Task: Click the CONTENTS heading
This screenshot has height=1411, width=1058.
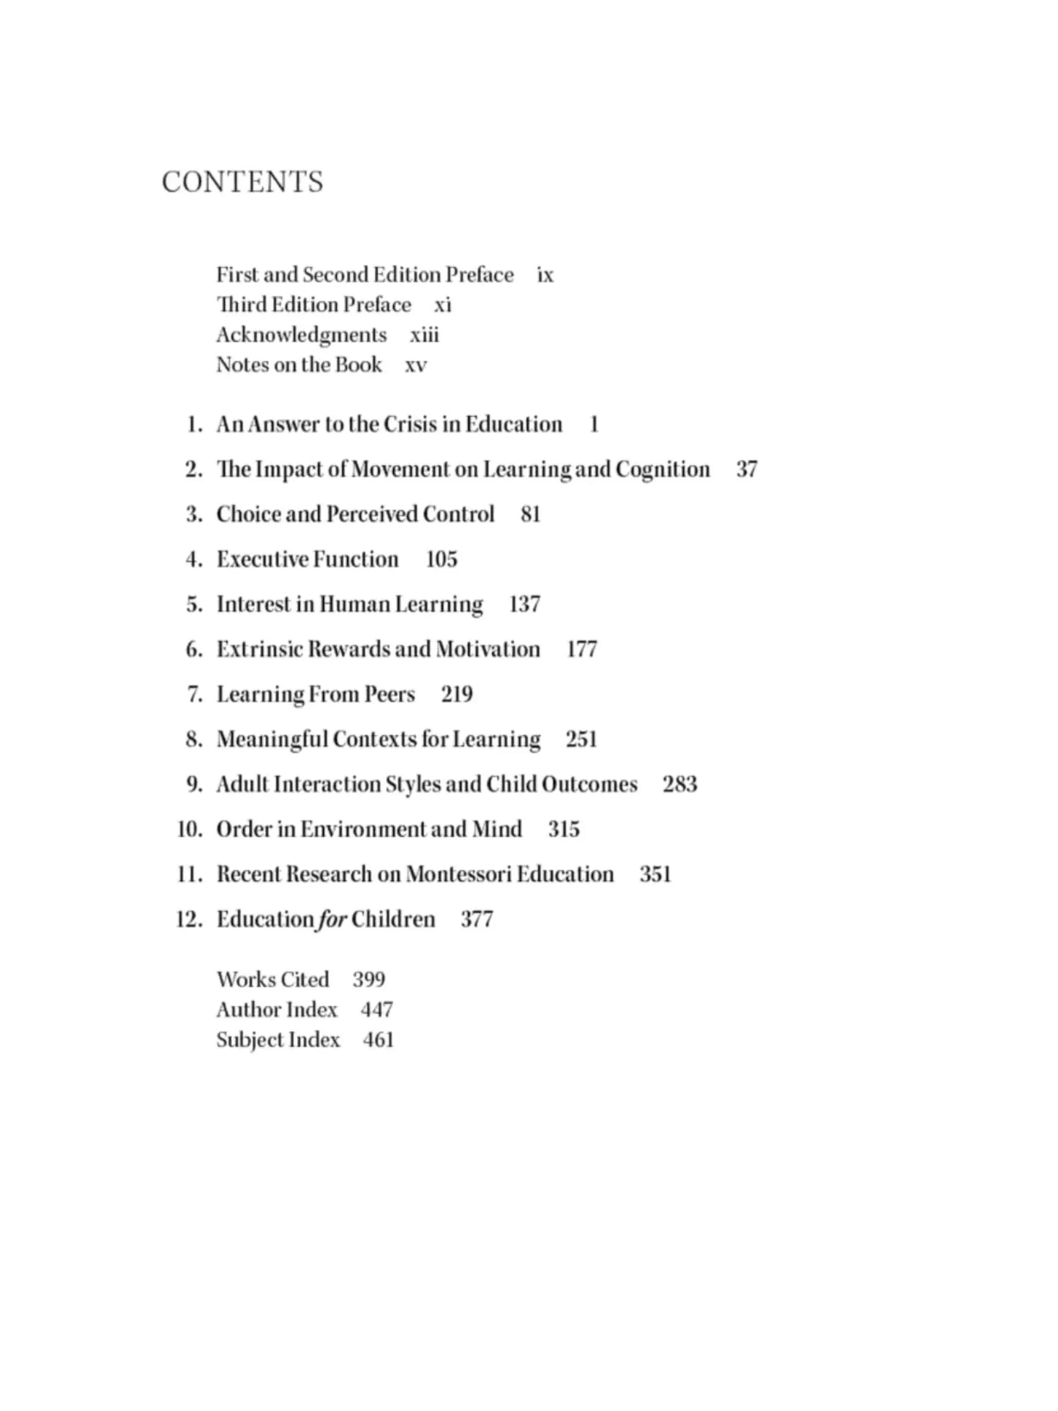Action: pos(242,182)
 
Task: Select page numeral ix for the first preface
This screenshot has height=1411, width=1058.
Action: pos(545,275)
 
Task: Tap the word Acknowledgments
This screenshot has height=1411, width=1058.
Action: pos(301,335)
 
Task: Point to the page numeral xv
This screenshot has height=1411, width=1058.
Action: pos(415,365)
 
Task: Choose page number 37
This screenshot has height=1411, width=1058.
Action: pos(746,469)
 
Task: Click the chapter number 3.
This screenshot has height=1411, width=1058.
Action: pos(193,515)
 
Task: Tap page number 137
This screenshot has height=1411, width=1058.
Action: pos(524,605)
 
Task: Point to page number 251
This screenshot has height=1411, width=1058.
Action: pos(581,740)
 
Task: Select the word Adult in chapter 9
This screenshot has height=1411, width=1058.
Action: pos(242,785)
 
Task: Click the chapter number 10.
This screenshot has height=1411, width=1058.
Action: pos(188,830)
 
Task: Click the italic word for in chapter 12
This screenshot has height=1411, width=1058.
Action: pos(332,920)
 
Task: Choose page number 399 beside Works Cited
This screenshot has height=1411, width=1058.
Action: pos(368,980)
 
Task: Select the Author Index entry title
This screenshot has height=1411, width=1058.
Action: pos(276,1010)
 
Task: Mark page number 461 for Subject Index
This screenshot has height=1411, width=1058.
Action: pos(378,1040)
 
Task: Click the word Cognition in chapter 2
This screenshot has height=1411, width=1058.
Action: pos(663,469)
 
